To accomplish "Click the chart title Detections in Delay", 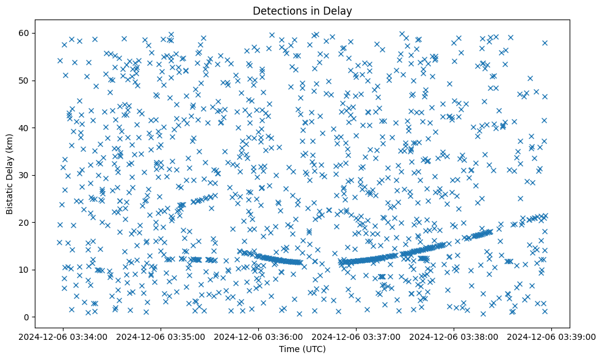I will click(302, 10).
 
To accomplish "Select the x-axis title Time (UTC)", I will click(302, 349).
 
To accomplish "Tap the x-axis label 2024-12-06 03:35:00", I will click(159, 336).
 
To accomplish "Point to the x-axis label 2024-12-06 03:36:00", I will click(258, 336).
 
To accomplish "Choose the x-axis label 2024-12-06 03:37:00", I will click(356, 336).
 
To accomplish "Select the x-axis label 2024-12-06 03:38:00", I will click(454, 336).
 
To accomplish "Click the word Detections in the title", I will click(279, 10).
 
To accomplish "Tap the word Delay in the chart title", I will click(339, 10).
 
